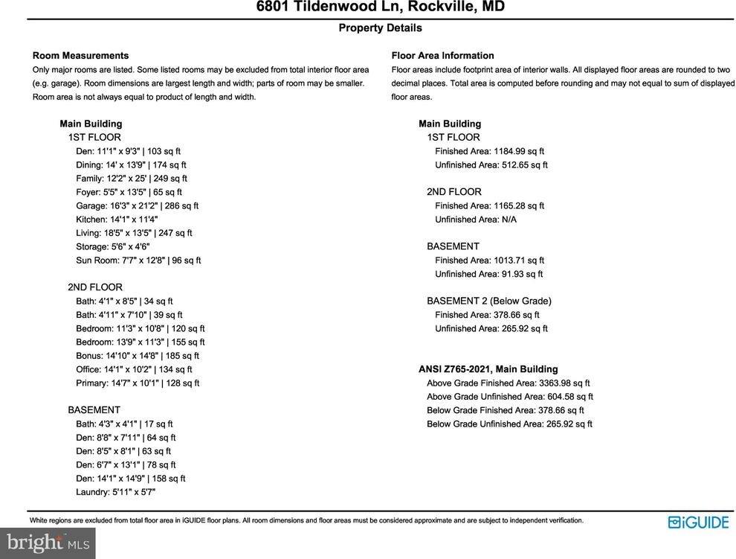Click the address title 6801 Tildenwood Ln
tap(380, 7)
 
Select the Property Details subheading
tap(380, 28)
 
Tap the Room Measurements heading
tap(80, 56)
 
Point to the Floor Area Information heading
tap(442, 56)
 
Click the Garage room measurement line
tap(137, 206)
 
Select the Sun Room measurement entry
tap(138, 261)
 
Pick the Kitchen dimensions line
tap(117, 220)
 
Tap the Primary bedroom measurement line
tap(138, 383)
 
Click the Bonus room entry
tap(138, 356)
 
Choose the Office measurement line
tap(134, 369)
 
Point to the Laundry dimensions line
tap(115, 492)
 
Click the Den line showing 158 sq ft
tap(131, 479)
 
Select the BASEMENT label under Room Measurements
tap(94, 410)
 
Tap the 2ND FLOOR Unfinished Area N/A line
tap(476, 220)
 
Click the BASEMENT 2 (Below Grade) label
tap(489, 301)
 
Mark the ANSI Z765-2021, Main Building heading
tap(488, 369)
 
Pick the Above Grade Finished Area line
tap(509, 383)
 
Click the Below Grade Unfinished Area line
tap(509, 424)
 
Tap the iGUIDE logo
tap(698, 523)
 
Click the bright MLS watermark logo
tap(47, 543)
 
